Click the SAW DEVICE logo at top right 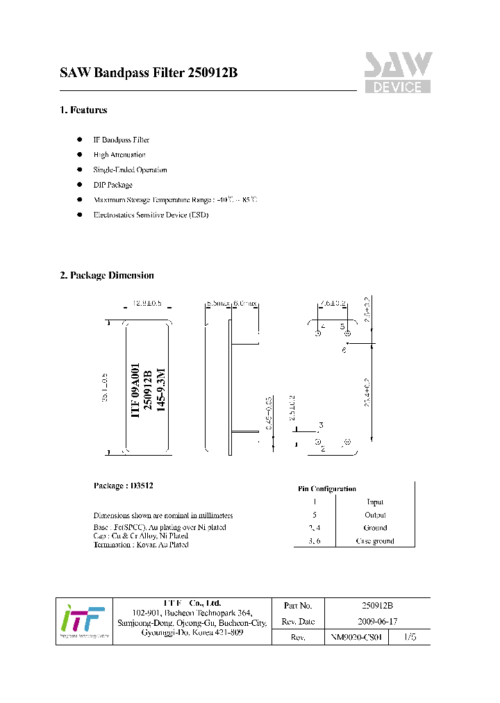click(398, 72)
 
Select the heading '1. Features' click(83, 110)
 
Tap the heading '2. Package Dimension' click(107, 275)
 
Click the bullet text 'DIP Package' click(113, 185)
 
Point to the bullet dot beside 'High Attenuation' click(80, 155)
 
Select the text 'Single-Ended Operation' click(130, 169)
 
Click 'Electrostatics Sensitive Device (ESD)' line click(151, 215)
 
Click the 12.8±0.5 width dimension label click(147, 304)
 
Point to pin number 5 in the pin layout click(342, 326)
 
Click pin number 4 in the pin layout click(324, 326)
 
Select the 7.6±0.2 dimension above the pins click(333, 304)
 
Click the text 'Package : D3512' click(123, 486)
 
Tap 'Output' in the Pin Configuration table click(375, 515)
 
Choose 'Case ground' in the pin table click(375, 540)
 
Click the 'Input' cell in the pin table click(375, 502)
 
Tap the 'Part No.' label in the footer click(298, 606)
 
